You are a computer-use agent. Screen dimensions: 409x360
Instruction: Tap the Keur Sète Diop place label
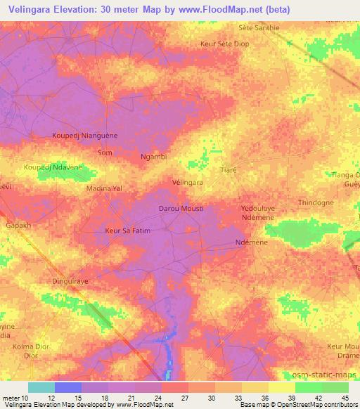[225, 44]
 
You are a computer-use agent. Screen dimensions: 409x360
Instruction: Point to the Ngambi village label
[153, 157]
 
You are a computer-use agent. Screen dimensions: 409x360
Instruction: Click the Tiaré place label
[228, 171]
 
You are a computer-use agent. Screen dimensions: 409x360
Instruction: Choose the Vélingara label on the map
[188, 182]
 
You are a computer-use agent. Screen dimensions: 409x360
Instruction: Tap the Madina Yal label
[104, 189]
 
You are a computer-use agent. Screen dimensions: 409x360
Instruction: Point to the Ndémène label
[251, 243]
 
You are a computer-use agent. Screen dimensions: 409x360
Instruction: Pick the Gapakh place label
[18, 226]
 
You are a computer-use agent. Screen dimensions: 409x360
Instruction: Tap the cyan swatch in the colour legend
[41, 387]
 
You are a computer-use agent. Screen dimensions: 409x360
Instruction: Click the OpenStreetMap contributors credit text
[309, 405]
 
